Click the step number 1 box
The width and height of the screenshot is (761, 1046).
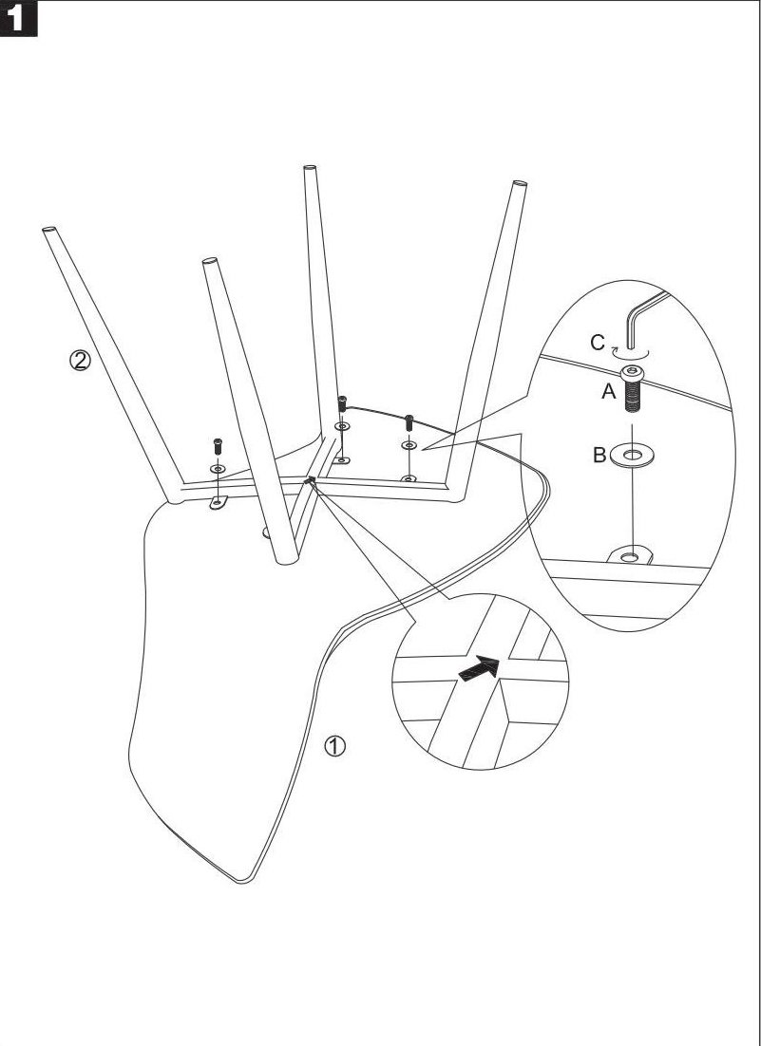point(20,19)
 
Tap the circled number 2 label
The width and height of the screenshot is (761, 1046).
point(82,361)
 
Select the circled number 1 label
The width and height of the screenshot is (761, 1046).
point(334,745)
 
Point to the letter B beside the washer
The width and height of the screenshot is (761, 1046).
point(599,456)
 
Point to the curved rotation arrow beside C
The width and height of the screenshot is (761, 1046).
point(622,348)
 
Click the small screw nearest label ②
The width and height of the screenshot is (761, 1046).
point(218,444)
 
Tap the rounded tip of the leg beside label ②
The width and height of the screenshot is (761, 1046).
point(48,230)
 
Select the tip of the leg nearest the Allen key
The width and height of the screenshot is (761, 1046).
point(519,184)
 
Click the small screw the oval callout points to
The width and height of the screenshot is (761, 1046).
point(409,420)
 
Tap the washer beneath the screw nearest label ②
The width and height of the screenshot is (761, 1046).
point(218,469)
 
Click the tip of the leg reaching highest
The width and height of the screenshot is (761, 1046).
point(310,171)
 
